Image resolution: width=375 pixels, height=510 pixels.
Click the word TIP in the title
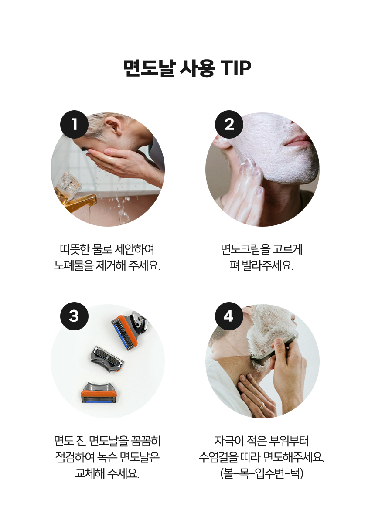(236, 68)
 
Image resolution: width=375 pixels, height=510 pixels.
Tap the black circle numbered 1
(74, 125)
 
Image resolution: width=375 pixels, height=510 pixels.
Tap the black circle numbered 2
(229, 125)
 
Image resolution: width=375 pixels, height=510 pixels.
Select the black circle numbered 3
(74, 316)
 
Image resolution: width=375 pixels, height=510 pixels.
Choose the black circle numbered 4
(229, 316)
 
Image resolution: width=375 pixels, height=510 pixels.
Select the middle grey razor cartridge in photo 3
(106, 358)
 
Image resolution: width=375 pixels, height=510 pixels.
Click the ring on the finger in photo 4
(262, 405)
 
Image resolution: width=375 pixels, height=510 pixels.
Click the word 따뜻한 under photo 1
(75, 249)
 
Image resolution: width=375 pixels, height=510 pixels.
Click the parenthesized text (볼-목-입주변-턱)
(262, 473)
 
